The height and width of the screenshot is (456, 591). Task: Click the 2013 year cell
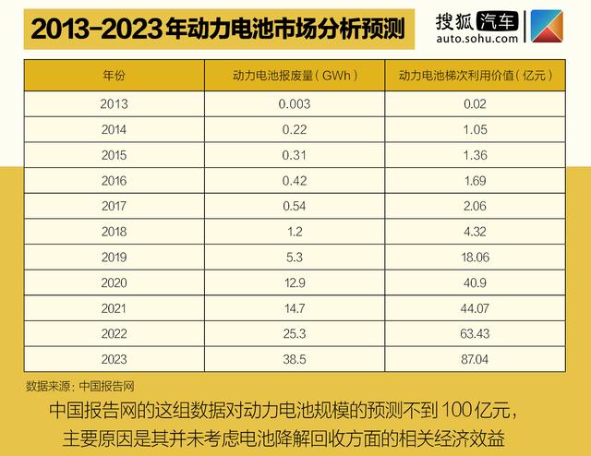[115, 104]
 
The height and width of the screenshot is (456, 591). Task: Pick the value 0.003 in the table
[295, 104]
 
